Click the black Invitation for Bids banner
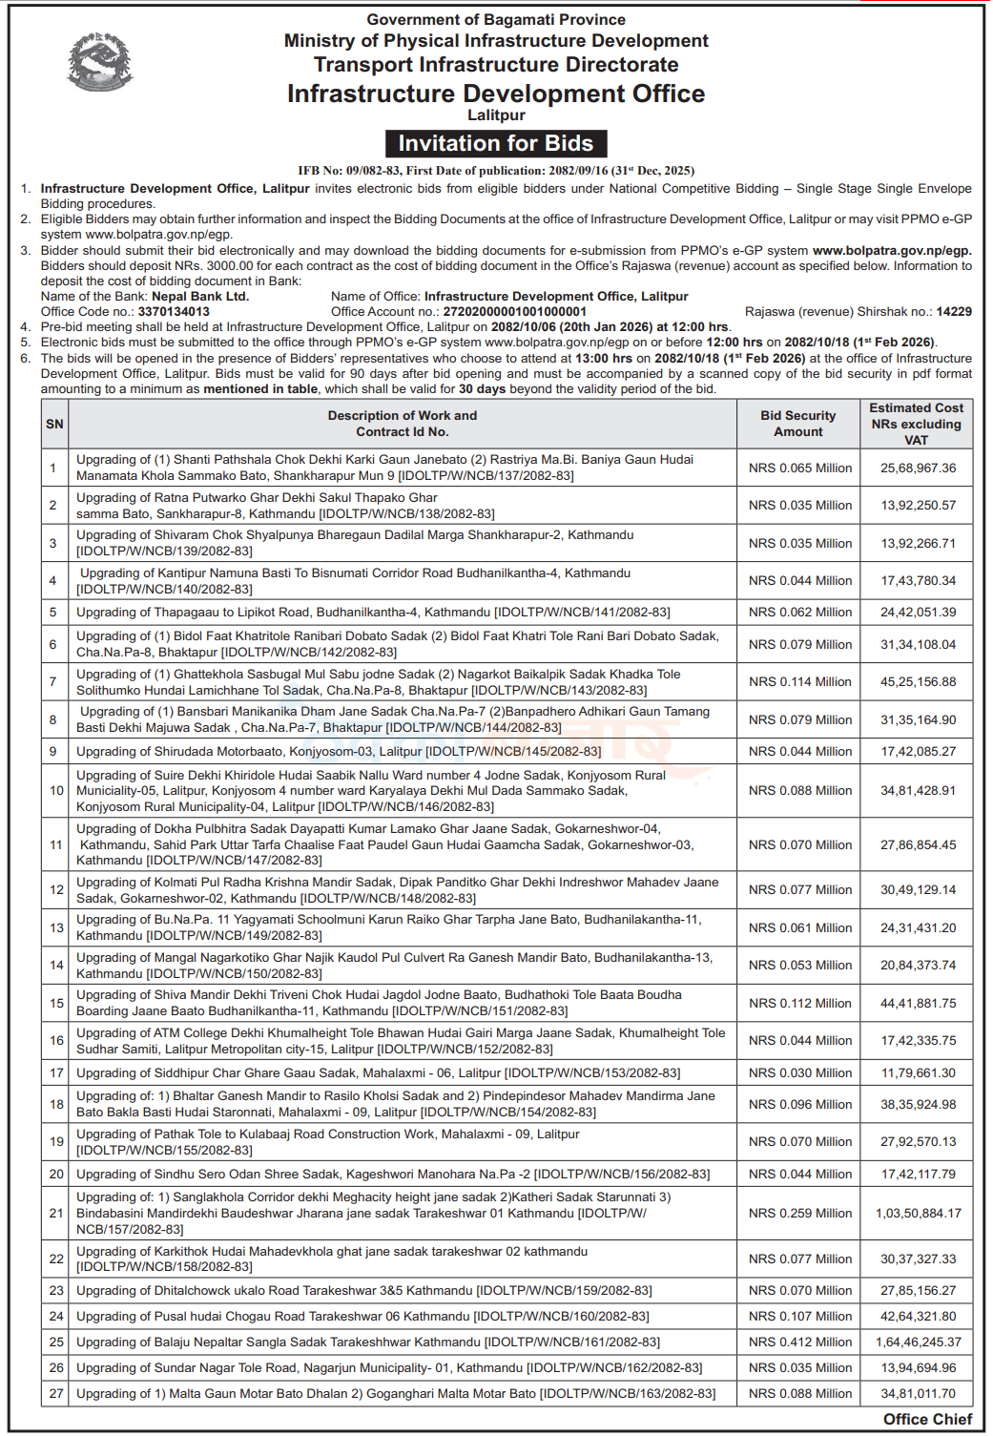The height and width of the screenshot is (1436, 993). point(496,143)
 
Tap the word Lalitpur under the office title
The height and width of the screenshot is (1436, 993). point(496,115)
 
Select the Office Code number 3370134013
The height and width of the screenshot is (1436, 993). point(174,312)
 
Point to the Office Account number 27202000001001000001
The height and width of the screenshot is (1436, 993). point(515,312)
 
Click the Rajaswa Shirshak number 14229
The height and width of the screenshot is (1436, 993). point(954,312)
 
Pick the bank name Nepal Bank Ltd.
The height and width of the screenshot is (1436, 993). point(200,297)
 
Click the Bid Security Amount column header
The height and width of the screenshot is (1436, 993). point(798,424)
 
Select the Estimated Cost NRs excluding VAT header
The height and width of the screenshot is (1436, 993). point(916,424)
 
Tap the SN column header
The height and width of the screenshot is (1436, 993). point(55,424)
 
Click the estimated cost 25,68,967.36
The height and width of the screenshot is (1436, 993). point(918,468)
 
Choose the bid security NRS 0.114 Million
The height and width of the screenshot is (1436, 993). point(800,682)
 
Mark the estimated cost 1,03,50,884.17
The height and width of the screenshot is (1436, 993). point(918,1214)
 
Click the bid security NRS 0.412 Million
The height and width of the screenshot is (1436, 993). point(800,1342)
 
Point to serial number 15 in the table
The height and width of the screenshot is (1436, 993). point(56,1004)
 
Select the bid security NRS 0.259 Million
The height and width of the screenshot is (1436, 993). point(800,1214)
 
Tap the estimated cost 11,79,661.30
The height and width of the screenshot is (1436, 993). point(918,1073)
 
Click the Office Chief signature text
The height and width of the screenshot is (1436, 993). point(927,1420)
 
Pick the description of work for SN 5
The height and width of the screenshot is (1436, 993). point(373,613)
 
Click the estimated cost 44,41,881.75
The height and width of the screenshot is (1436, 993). point(918,1004)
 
